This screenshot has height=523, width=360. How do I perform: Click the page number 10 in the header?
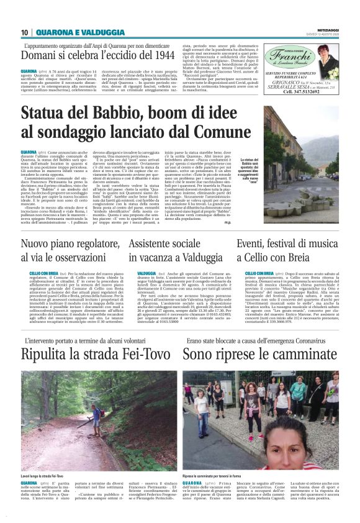coord(25,32)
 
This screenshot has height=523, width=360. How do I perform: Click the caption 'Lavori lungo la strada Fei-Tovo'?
coord(47,476)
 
